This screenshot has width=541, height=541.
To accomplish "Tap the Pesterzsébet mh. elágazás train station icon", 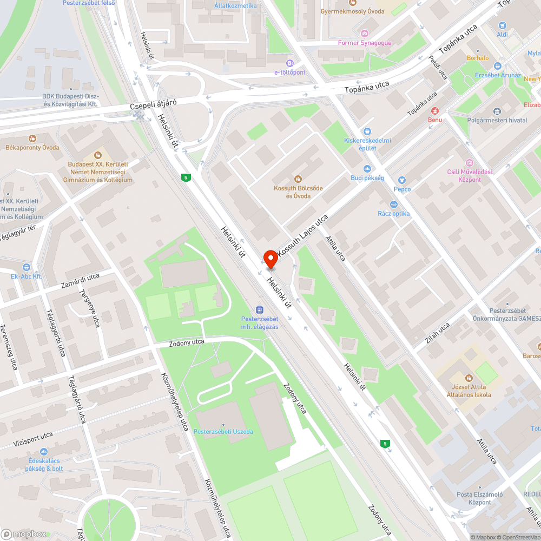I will point(260,309).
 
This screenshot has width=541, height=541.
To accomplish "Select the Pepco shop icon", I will point(401,180).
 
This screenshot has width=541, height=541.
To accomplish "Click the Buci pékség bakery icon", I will point(367,168).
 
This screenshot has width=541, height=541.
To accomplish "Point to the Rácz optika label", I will point(394,213).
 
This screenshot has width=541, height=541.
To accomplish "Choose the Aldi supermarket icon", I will point(502,25).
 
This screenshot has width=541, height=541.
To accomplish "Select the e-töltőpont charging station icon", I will point(290,63).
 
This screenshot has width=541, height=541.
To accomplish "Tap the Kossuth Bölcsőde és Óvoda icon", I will point(298,179).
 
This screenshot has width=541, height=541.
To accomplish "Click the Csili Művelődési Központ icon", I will point(469,163).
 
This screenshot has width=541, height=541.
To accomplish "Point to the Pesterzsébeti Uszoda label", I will point(223,431).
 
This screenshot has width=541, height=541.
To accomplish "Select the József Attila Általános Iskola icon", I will point(469,377).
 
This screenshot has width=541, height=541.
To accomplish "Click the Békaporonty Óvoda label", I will point(32,148).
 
